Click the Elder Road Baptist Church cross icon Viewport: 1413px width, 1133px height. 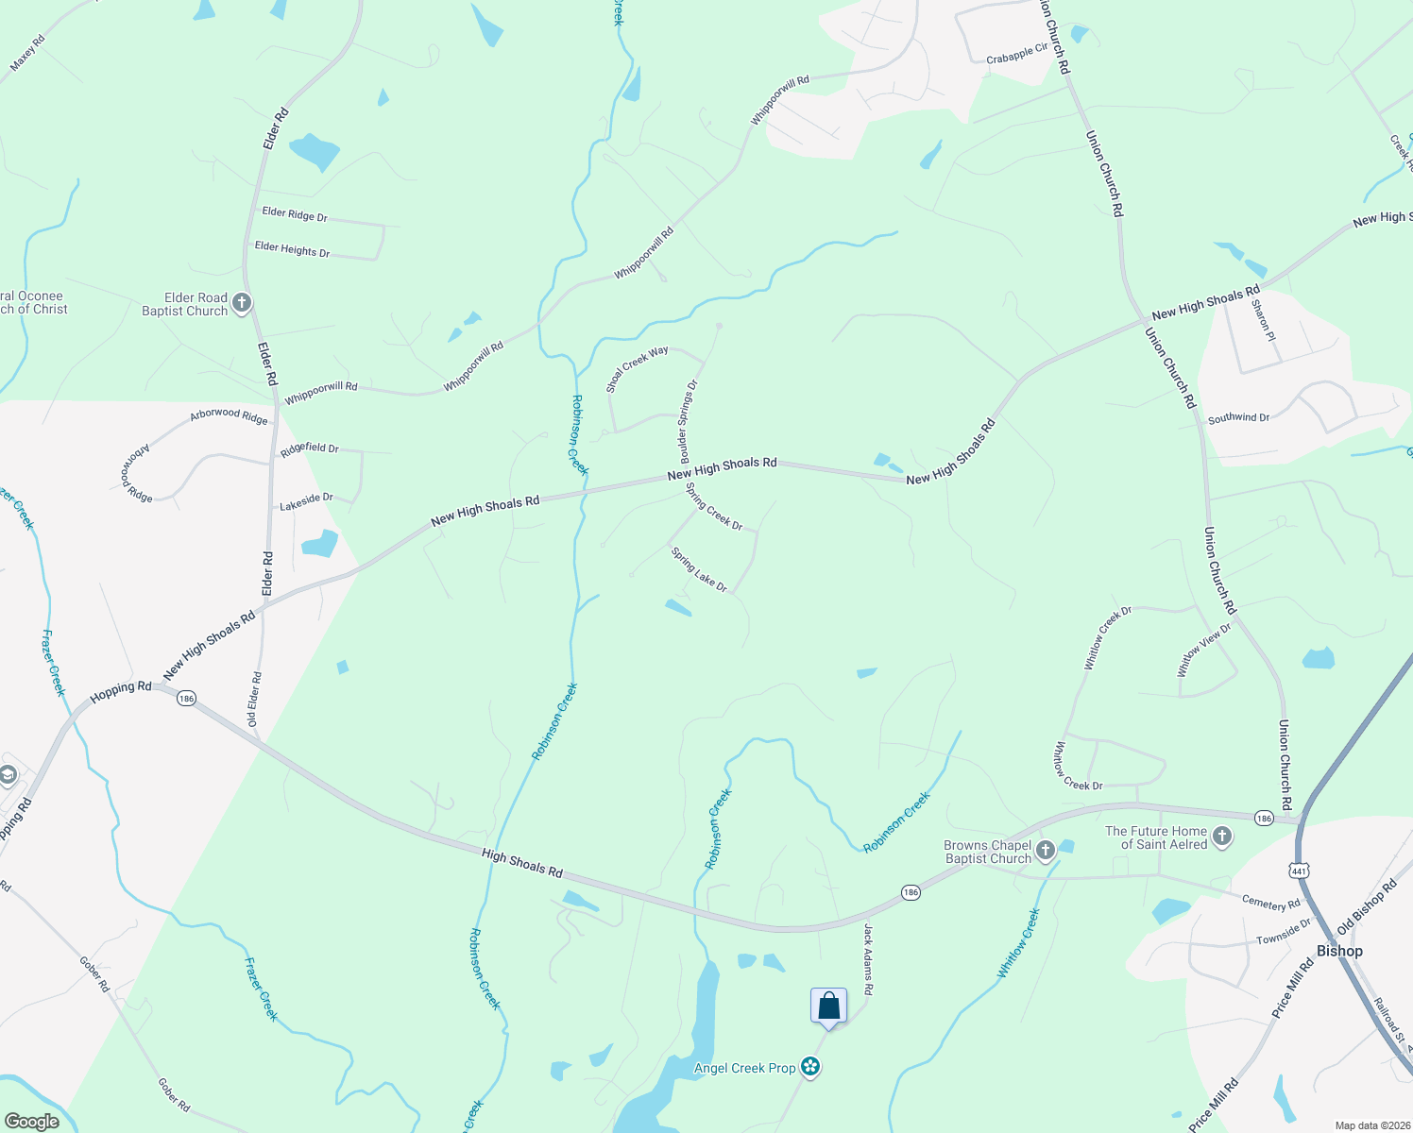point(242,303)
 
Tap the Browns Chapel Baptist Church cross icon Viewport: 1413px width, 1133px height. point(1045,851)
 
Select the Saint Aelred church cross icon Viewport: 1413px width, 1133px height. point(1222,837)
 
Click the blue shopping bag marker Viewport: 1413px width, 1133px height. point(828,1006)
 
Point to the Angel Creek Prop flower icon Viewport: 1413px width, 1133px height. point(809,1067)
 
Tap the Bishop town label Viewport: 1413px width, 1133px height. point(1339,951)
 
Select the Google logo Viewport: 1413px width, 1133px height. point(31,1122)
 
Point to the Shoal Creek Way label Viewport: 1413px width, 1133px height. point(637,368)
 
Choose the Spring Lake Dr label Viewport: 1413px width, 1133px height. point(699,569)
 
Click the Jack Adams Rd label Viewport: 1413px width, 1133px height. point(868,958)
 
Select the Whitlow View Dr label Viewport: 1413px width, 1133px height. point(1204,650)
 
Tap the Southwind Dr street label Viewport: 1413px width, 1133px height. point(1238,416)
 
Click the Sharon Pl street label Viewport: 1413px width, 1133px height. point(1263,320)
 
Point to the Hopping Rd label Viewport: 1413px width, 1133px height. point(121,692)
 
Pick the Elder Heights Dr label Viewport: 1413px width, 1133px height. point(292,249)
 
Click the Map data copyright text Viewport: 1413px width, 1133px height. point(1372,1125)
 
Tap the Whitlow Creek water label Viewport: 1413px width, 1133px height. point(1019,943)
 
